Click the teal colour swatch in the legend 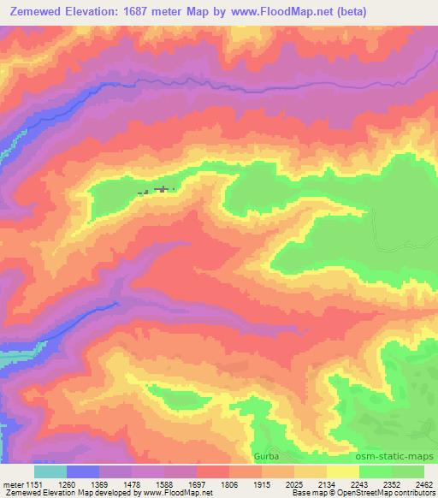click(50, 471)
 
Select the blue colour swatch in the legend click(83, 471)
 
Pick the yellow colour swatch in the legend click(343, 471)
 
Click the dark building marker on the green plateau click(161, 189)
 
